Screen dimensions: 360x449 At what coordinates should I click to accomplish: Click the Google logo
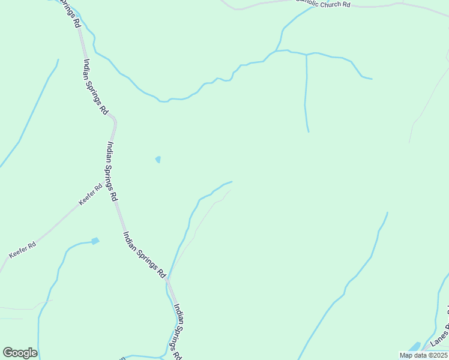point(20,353)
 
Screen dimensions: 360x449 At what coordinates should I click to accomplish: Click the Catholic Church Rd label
point(324,4)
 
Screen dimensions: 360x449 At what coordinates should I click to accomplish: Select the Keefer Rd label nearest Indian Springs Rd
point(90,194)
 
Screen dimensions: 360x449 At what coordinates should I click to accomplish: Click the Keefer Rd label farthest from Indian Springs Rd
point(22,250)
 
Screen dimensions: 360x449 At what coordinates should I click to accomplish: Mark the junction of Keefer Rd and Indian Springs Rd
point(115,203)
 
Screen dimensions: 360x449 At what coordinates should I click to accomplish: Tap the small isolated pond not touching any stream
point(158,160)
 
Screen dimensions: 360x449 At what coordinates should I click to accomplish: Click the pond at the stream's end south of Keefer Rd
point(95,241)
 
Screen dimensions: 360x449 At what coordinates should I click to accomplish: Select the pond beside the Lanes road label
point(415,347)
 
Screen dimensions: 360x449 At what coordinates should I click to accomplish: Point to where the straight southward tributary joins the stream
point(306,55)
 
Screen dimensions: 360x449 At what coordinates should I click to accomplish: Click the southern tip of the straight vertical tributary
point(309,131)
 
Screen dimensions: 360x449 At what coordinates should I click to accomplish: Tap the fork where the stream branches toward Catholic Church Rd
point(276,51)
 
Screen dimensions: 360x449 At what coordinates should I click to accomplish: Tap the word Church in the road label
point(330,4)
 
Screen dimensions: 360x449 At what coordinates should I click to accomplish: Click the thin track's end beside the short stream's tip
point(231,190)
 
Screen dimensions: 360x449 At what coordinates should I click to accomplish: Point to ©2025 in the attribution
point(435,355)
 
